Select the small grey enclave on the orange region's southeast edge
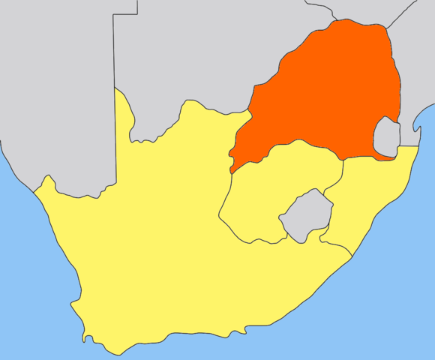tap(386, 136)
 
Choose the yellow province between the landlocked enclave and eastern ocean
tap(371, 195)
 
